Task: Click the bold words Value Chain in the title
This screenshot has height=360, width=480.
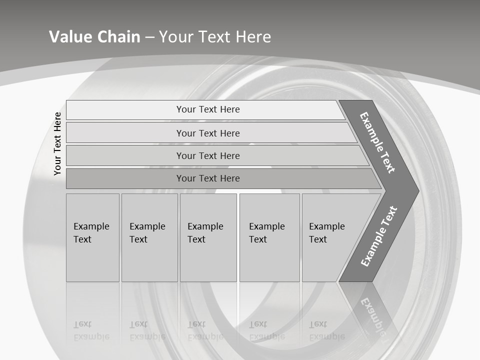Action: click(94, 37)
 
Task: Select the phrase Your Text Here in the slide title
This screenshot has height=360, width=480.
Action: click(215, 37)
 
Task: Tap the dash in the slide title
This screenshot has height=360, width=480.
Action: click(149, 37)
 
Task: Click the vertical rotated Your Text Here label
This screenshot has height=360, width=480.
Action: click(57, 143)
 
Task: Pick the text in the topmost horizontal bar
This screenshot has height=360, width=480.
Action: click(208, 109)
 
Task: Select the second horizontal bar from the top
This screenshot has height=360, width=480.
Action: click(208, 133)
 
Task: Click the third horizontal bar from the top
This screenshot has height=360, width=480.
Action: click(208, 155)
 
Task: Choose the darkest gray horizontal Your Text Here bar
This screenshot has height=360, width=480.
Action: click(208, 178)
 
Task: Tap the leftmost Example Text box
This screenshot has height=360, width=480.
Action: click(92, 237)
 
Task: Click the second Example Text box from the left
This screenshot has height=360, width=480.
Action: click(149, 237)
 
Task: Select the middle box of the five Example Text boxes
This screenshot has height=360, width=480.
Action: click(208, 237)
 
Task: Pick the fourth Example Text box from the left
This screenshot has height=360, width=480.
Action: click(269, 237)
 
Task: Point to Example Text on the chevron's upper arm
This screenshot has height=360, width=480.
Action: click(377, 142)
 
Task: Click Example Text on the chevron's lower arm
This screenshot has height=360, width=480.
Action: click(378, 236)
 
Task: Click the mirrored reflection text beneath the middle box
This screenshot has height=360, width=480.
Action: click(205, 330)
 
